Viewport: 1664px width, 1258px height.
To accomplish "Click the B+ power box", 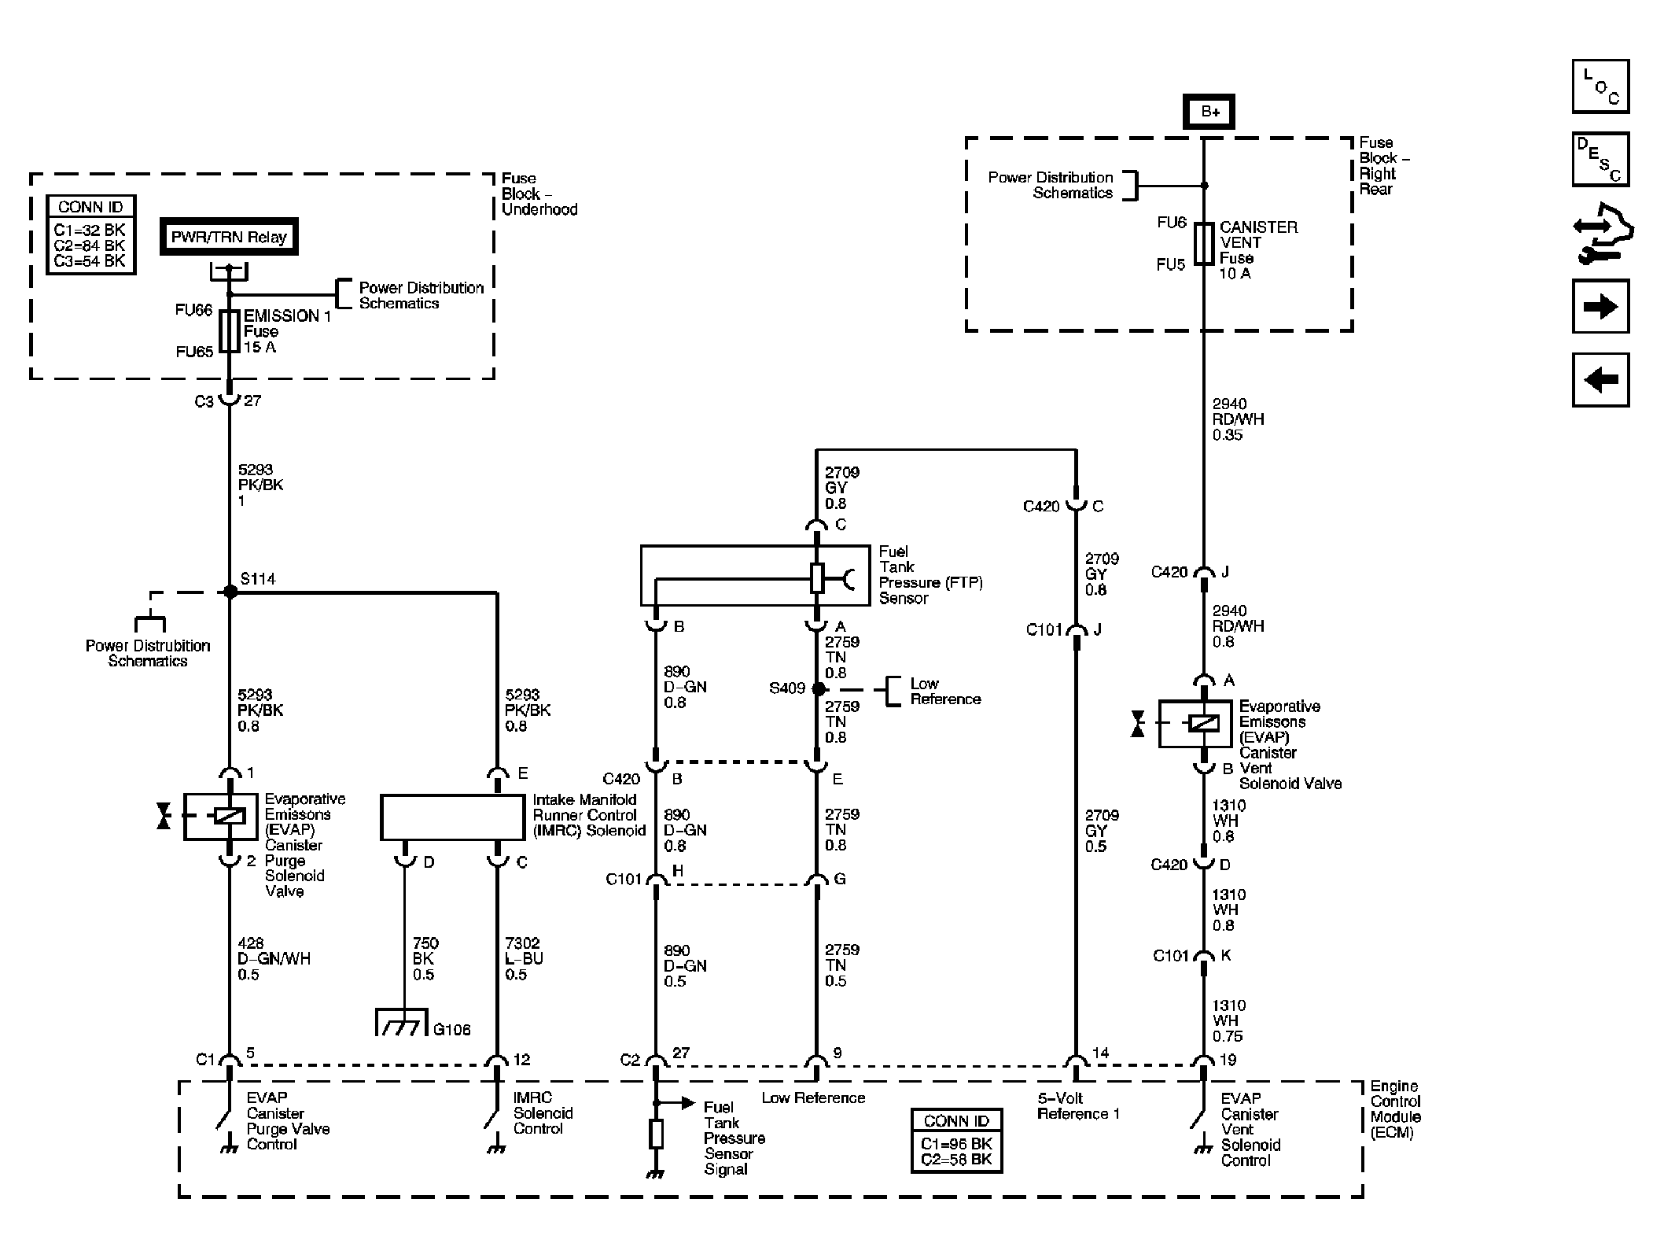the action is click(1209, 112).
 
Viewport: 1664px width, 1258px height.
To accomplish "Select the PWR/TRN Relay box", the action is click(229, 237).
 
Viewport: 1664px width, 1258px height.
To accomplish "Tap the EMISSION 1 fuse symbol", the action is click(230, 330).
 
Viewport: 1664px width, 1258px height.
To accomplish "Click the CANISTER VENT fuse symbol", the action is click(1204, 243).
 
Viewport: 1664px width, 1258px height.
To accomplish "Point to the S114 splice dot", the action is click(230, 592).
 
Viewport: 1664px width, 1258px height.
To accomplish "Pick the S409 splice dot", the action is click(819, 689).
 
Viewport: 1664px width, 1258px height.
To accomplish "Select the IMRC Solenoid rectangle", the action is click(452, 817).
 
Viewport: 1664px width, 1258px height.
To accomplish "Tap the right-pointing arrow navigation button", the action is click(1600, 306).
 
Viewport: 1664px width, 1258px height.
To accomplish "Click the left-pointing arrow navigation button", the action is click(1600, 380).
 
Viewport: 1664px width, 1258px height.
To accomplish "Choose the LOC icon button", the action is click(1600, 87).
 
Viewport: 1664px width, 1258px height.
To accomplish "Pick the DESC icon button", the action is click(1600, 159).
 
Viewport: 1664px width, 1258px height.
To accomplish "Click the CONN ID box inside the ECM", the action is click(957, 1141).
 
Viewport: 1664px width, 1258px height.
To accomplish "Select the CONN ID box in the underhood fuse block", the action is click(90, 234).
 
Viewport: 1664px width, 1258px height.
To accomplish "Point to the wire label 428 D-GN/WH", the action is click(274, 959).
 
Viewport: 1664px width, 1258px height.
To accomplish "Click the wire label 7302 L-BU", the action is click(524, 959).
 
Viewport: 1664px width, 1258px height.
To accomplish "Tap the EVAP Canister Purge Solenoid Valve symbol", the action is click(220, 817).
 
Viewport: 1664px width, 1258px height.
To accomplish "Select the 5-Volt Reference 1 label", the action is click(1078, 1106).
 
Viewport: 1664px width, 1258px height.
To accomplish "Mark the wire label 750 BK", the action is click(425, 959).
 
